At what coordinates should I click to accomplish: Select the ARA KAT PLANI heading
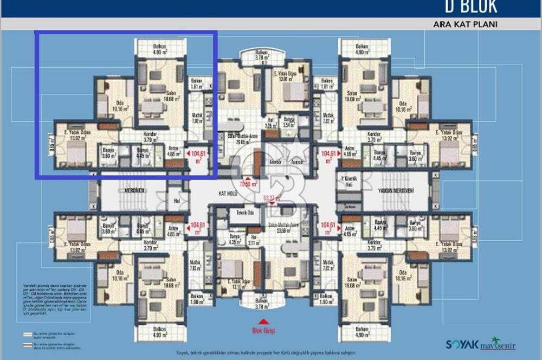(465, 24)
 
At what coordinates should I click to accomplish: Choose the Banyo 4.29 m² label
(235, 239)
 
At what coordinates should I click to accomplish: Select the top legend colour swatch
(27, 335)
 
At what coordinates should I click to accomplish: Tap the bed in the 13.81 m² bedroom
(293, 92)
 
